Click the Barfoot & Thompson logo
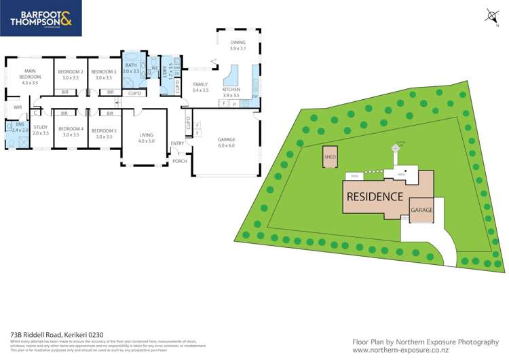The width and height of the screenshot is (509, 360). [x=41, y=18]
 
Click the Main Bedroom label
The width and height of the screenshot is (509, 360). [x=30, y=74]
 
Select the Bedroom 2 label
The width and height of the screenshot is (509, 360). [x=70, y=75]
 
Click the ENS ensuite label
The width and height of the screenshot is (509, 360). [x=15, y=127]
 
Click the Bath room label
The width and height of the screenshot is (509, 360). [x=131, y=68]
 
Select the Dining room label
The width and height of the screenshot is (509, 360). [x=237, y=46]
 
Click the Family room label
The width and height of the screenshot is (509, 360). [x=200, y=87]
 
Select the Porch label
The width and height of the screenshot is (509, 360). [x=180, y=161]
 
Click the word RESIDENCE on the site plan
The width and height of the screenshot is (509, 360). [x=375, y=196]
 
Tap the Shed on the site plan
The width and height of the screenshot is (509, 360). [x=331, y=157]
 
